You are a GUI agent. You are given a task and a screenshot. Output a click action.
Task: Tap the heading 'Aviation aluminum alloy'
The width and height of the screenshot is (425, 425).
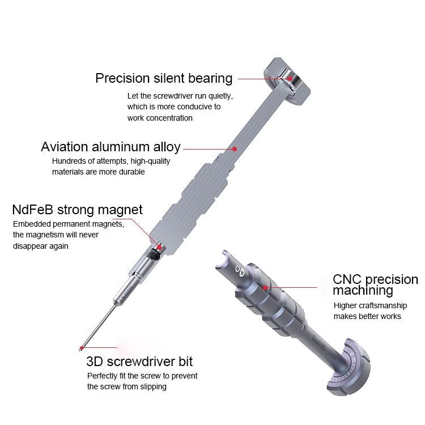coord(110,147)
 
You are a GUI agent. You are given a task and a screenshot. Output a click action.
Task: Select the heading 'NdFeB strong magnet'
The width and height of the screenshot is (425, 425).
coord(78,210)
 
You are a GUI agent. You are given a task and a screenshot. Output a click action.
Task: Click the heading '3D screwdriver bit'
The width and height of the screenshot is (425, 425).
coord(139,361)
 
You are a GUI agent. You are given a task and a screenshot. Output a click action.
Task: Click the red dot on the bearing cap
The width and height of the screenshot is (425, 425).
coord(290,79)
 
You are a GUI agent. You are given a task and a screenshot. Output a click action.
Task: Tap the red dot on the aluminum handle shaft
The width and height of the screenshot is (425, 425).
coord(235,149)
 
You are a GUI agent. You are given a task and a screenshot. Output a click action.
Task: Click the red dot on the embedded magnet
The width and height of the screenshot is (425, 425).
coord(159,246)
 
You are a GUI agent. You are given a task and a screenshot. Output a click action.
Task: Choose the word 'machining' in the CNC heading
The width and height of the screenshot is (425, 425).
coord(363,291)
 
